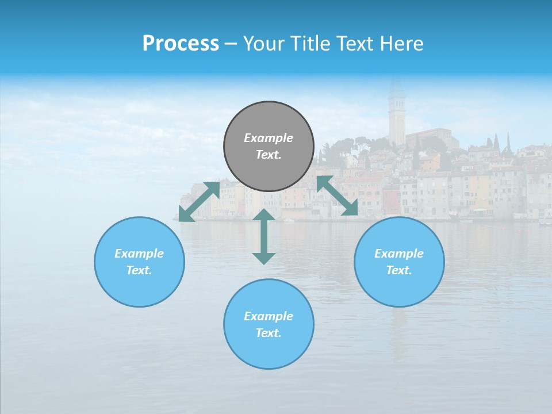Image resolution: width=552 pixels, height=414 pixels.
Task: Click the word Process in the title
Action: pyautogui.click(x=181, y=44)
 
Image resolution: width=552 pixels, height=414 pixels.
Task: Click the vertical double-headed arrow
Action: pyautogui.click(x=264, y=236)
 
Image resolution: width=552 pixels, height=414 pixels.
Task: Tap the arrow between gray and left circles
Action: pyautogui.click(x=199, y=201)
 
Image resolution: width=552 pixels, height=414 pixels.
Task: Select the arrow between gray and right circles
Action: pyautogui.click(x=338, y=195)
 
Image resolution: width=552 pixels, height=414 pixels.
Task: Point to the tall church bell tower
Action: pyautogui.click(x=396, y=118)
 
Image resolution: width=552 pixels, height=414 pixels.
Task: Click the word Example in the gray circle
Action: pyautogui.click(x=269, y=138)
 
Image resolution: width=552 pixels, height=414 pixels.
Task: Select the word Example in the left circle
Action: pyautogui.click(x=139, y=254)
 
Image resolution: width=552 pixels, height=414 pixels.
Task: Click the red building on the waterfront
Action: pyautogui.click(x=392, y=201)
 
